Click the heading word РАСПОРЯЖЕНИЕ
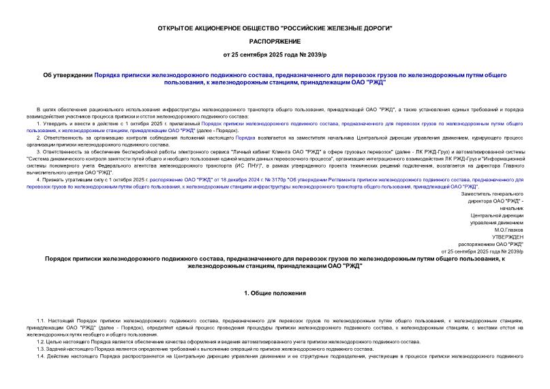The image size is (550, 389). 275,40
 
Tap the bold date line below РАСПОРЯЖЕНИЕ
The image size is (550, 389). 275,54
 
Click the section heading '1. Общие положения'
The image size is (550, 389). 275,293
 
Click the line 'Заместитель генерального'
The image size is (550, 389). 492,193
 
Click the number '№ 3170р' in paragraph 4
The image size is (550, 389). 276,179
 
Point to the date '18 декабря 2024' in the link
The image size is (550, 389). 231,179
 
